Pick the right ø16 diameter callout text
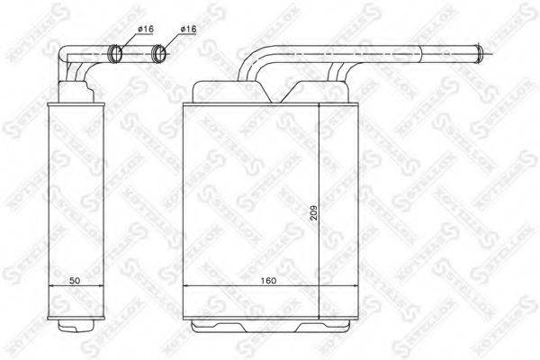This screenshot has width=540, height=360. point(189,31)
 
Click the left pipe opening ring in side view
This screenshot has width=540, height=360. point(115,53)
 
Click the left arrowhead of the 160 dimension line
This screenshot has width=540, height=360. point(185,287)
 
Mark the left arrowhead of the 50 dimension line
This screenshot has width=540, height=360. point(49,287)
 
